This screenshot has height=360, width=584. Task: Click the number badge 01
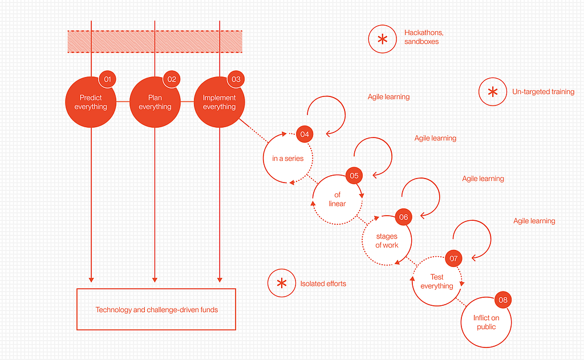pyautogui.click(x=107, y=79)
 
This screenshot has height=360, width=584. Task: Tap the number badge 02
pyautogui.click(x=172, y=79)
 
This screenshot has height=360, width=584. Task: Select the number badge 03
pyautogui.click(x=236, y=79)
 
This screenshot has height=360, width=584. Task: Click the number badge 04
pyautogui.click(x=305, y=135)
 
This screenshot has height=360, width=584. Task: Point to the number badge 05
pyautogui.click(x=354, y=175)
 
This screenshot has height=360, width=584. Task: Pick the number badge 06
pyautogui.click(x=403, y=217)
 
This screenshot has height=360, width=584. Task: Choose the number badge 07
pyautogui.click(x=453, y=258)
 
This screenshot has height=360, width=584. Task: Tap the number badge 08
pyautogui.click(x=502, y=300)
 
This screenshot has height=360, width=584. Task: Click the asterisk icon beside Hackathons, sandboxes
pyautogui.click(x=382, y=39)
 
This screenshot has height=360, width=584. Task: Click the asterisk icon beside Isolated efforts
pyautogui.click(x=282, y=283)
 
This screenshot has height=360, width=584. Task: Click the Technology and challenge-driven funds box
pyautogui.click(x=156, y=309)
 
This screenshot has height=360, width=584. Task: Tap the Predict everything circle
pyautogui.click(x=91, y=103)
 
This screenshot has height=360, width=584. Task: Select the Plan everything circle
pyautogui.click(x=155, y=103)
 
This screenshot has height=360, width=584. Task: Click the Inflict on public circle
pyautogui.click(x=485, y=322)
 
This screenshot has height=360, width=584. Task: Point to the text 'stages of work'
pyautogui.click(x=387, y=241)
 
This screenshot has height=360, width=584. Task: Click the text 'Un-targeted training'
pyautogui.click(x=543, y=92)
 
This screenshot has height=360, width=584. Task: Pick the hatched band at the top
pyautogui.click(x=155, y=41)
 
